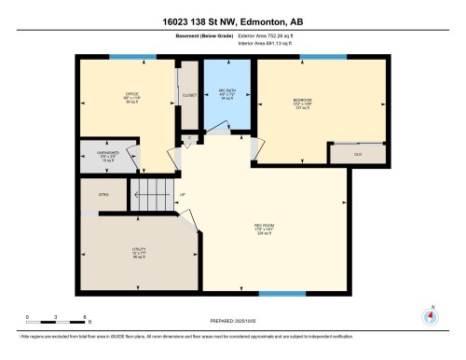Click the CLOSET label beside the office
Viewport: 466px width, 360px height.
click(190, 95)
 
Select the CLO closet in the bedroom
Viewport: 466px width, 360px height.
click(359, 151)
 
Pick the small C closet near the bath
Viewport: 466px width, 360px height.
click(189, 139)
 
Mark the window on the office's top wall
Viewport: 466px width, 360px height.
click(133, 57)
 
